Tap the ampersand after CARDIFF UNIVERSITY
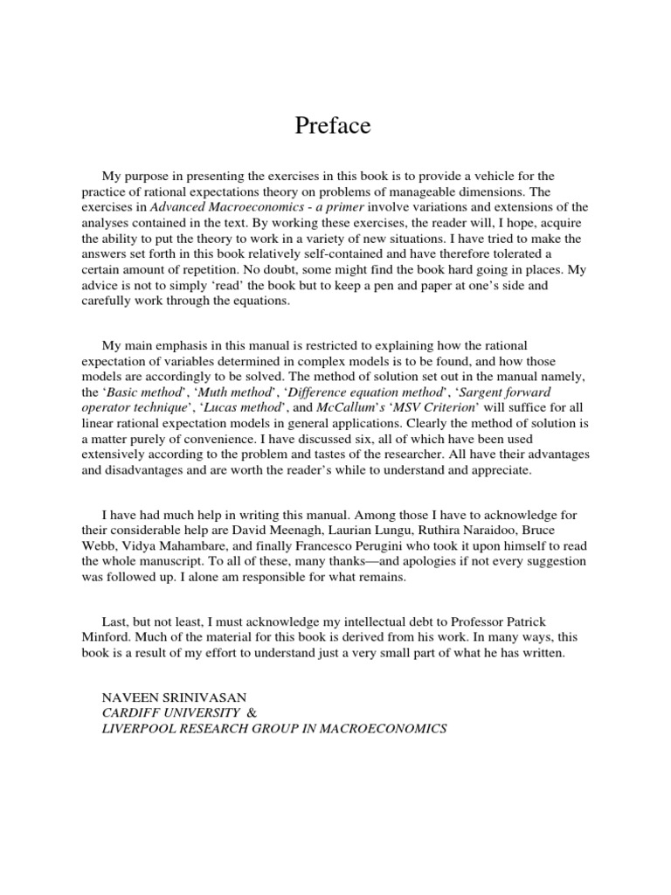pos(252,713)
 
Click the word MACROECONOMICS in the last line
pos(378,729)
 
